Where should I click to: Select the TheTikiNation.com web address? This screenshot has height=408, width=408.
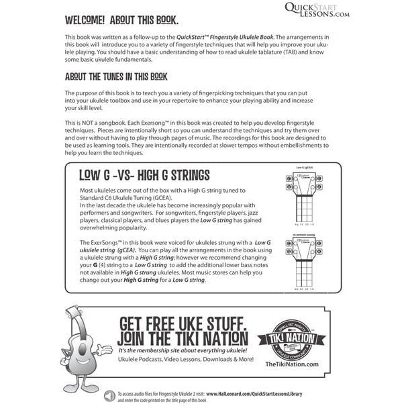[289, 363]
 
